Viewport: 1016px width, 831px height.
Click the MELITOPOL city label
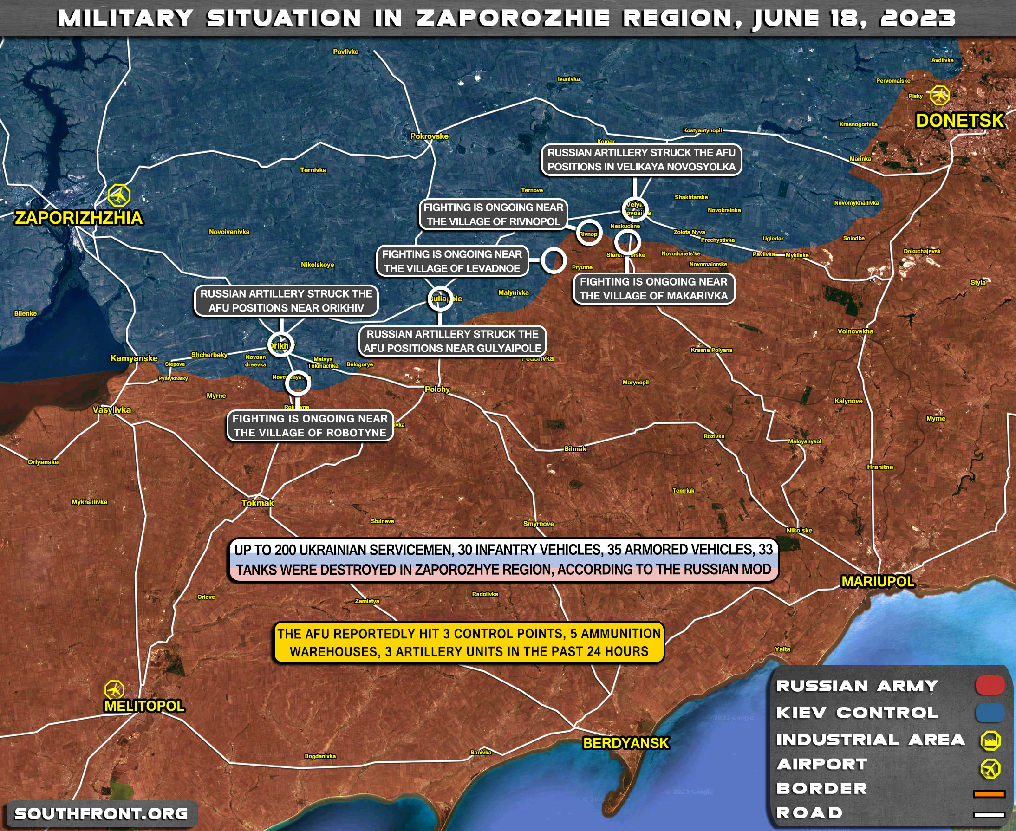[144, 706]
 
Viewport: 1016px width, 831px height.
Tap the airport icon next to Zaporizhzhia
[119, 195]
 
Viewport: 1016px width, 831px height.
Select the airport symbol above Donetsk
[940, 95]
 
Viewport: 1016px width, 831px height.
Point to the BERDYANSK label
[625, 743]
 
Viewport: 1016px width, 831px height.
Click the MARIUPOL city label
[878, 582]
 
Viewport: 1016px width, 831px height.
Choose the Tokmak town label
[258, 503]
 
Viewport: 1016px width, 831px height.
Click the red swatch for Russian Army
[990, 686]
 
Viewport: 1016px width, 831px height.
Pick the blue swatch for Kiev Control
[990, 712]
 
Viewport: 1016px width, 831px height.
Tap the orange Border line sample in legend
[989, 794]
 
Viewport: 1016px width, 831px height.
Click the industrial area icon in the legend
[990, 740]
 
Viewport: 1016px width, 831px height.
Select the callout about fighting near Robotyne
[310, 426]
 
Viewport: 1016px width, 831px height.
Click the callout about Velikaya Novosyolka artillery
[641, 160]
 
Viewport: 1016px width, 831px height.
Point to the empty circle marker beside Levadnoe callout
[554, 260]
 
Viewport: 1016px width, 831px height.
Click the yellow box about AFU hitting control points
[469, 643]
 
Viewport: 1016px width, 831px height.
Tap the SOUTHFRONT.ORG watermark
[101, 814]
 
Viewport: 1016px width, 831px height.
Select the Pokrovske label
[429, 136]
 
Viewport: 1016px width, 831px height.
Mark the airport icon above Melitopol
[114, 690]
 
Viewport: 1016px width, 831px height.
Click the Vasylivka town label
[111, 410]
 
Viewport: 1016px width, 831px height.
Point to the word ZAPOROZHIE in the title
[513, 19]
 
